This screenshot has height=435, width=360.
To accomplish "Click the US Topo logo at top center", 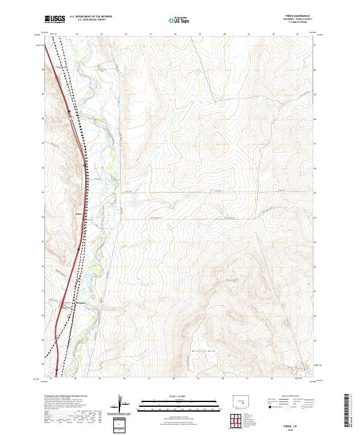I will click(x=179, y=20).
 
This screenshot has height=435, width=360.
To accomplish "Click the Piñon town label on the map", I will click(x=79, y=212).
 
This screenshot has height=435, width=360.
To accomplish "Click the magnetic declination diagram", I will click(x=123, y=407).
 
